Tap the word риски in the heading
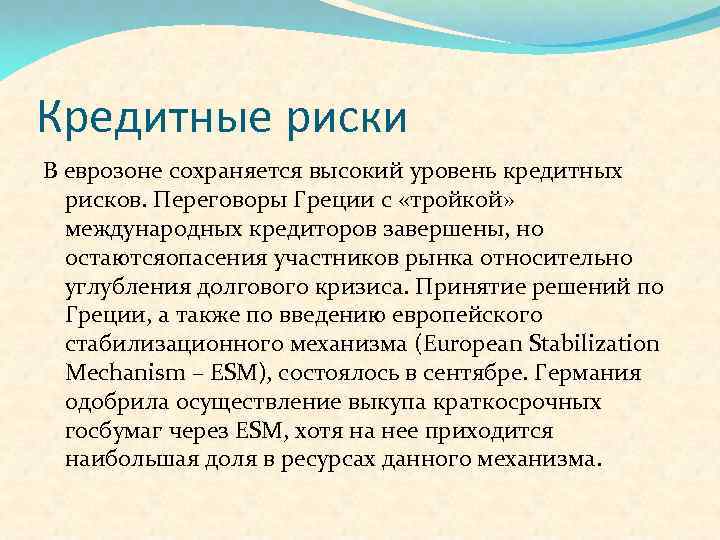[x=344, y=118]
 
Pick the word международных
[x=150, y=229]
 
